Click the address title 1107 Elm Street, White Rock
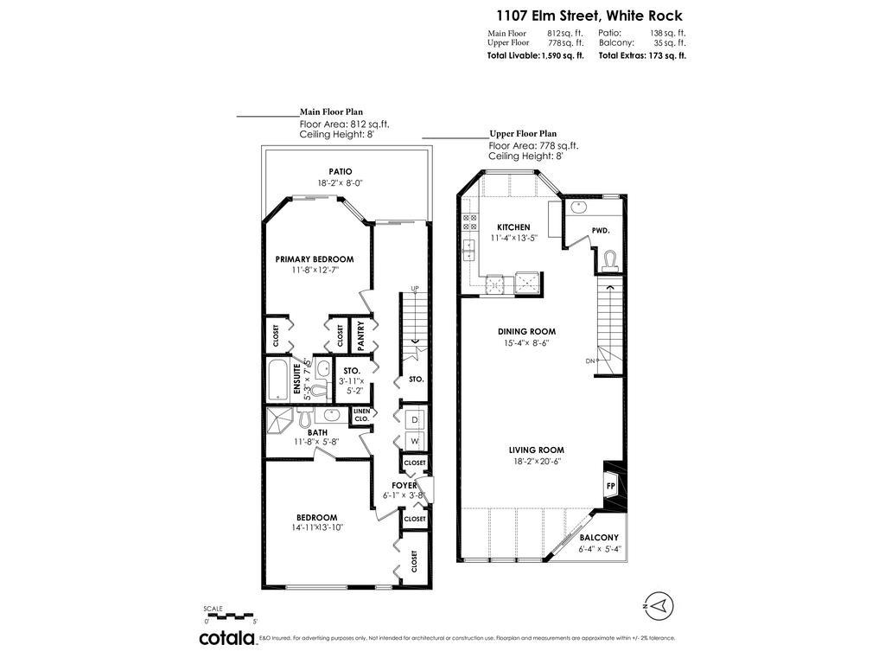click(x=588, y=16)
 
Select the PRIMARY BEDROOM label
click(x=315, y=259)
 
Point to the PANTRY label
click(x=361, y=335)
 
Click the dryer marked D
click(x=414, y=419)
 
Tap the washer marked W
click(x=414, y=442)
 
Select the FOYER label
click(x=404, y=485)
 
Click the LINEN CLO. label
click(x=361, y=415)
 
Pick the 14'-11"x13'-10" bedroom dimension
click(x=317, y=527)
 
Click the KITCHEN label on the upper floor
click(x=513, y=227)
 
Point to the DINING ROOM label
click(x=526, y=331)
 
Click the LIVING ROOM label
click(x=537, y=450)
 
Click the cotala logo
click(x=227, y=638)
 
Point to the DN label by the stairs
click(x=590, y=361)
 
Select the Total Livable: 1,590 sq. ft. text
click(x=536, y=55)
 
